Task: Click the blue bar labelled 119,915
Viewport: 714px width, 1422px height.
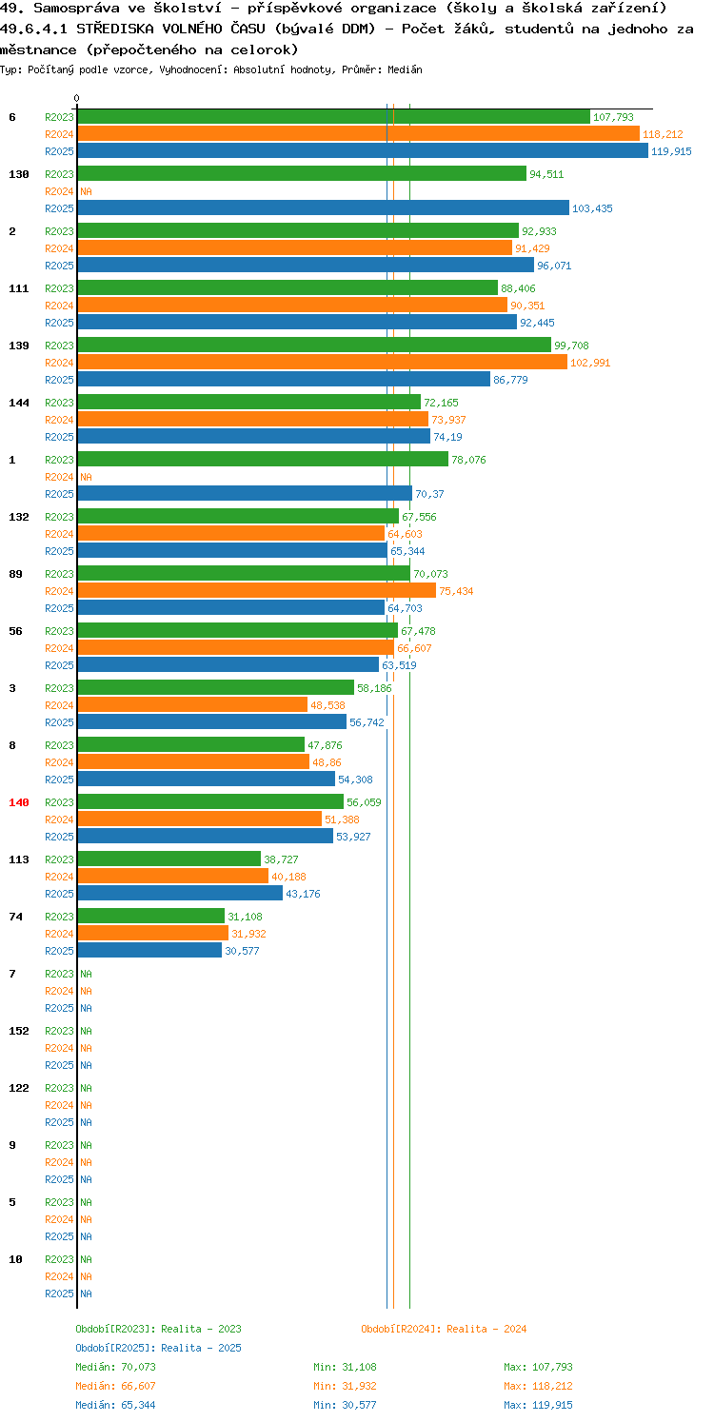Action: [363, 151]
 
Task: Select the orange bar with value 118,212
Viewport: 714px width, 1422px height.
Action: [358, 134]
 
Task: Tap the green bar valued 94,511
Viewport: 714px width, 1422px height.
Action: [302, 174]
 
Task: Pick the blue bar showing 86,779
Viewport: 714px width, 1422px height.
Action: [284, 380]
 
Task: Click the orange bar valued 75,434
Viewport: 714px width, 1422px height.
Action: [257, 591]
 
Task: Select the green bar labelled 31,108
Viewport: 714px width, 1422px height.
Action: [151, 916]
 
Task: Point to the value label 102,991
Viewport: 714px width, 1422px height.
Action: [590, 364]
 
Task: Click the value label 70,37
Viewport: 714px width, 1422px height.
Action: [429, 495]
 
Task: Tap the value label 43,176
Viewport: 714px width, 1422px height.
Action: [303, 894]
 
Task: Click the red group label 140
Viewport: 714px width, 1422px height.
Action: [19, 802]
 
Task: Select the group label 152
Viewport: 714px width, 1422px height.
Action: [19, 1031]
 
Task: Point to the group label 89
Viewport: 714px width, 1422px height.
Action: [15, 574]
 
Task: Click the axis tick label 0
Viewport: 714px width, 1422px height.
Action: [77, 98]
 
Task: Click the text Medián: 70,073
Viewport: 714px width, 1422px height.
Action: [115, 1367]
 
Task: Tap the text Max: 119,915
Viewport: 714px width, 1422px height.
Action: [538, 1405]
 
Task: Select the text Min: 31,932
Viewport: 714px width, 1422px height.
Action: [345, 1386]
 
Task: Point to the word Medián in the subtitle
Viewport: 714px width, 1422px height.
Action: [405, 69]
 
